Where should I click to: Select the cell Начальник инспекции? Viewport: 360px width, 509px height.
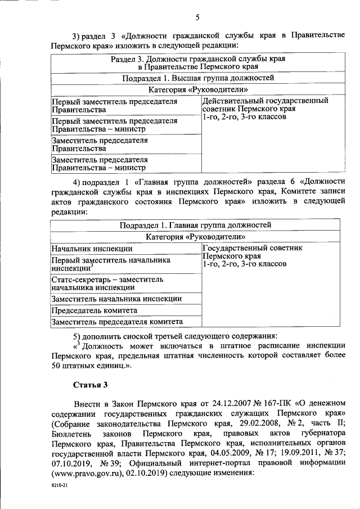coord(92,248)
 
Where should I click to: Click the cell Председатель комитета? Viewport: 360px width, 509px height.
coord(94,310)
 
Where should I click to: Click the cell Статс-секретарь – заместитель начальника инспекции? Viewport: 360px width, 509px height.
coord(107,283)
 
